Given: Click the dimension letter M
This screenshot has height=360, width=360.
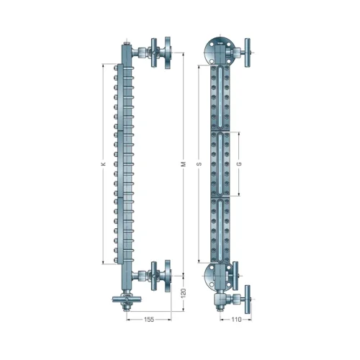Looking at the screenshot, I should coord(183,165).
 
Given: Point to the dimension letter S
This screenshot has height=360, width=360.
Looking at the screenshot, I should coord(199,164).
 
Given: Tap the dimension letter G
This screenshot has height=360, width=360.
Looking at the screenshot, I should coord(238,164).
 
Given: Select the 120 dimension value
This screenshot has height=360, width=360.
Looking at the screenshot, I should coord(182,294).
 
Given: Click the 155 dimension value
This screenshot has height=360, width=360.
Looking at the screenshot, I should coord(147,318).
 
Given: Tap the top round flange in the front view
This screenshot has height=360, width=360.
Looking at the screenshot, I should coord(219,49).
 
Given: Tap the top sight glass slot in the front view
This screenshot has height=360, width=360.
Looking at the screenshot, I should coord(219,97).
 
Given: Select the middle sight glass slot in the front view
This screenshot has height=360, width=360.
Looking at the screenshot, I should coord(219,164).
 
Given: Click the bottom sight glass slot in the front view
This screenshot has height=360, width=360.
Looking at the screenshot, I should coord(219,230).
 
